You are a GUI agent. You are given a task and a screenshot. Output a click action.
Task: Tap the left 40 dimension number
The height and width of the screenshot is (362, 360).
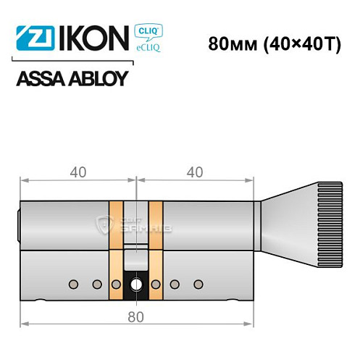[78, 172]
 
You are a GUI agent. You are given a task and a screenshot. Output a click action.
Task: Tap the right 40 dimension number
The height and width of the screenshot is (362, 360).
[194, 172]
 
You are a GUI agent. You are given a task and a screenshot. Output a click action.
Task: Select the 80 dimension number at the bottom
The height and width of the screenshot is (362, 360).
[136, 316]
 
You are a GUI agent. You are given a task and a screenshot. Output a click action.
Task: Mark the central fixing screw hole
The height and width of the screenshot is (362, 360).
[136, 285]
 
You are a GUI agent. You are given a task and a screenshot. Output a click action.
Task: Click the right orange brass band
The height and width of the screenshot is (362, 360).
[155, 246]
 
